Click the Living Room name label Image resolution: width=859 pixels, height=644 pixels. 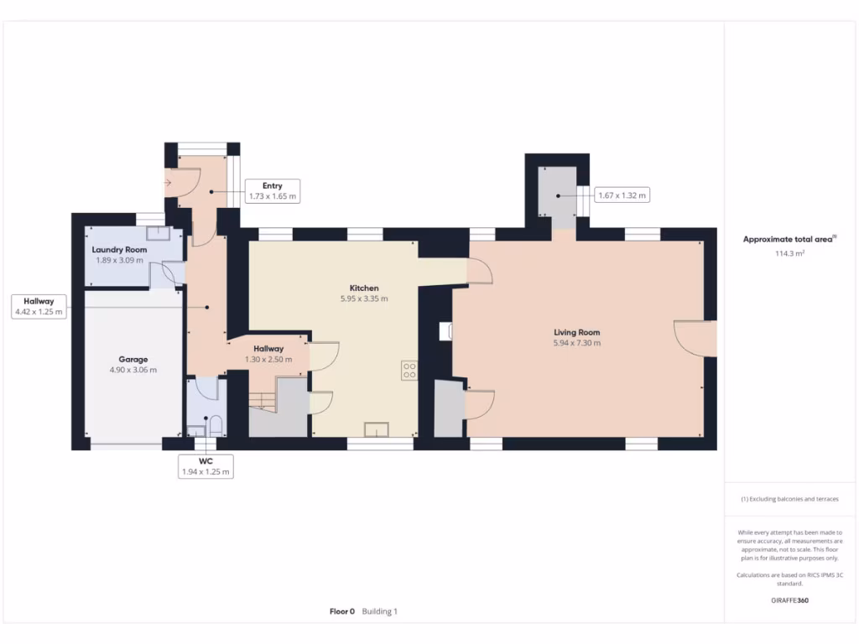pyautogui.click(x=576, y=331)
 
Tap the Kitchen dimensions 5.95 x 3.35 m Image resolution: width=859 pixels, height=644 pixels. pyautogui.click(x=364, y=299)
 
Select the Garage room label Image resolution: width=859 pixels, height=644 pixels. pyautogui.click(x=133, y=359)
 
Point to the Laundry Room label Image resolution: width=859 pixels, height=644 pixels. pyautogui.click(x=119, y=250)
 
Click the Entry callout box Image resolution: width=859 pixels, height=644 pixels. pyautogui.click(x=272, y=191)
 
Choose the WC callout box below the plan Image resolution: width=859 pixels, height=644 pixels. pyautogui.click(x=206, y=466)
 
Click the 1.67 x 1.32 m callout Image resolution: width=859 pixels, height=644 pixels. pyautogui.click(x=622, y=195)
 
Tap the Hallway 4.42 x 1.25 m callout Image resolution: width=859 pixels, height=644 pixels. pyautogui.click(x=39, y=306)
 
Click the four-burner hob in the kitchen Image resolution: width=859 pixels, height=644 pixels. pyautogui.click(x=409, y=370)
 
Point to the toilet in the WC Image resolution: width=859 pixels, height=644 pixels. pyautogui.click(x=215, y=426)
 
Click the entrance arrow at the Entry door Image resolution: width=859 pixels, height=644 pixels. pyautogui.click(x=169, y=181)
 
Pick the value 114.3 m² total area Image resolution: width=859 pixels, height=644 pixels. pyautogui.click(x=790, y=252)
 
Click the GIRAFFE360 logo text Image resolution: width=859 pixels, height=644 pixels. pyautogui.click(x=790, y=600)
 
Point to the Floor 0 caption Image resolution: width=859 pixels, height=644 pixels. pyautogui.click(x=342, y=611)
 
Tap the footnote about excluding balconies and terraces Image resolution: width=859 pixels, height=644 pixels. pyautogui.click(x=790, y=499)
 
